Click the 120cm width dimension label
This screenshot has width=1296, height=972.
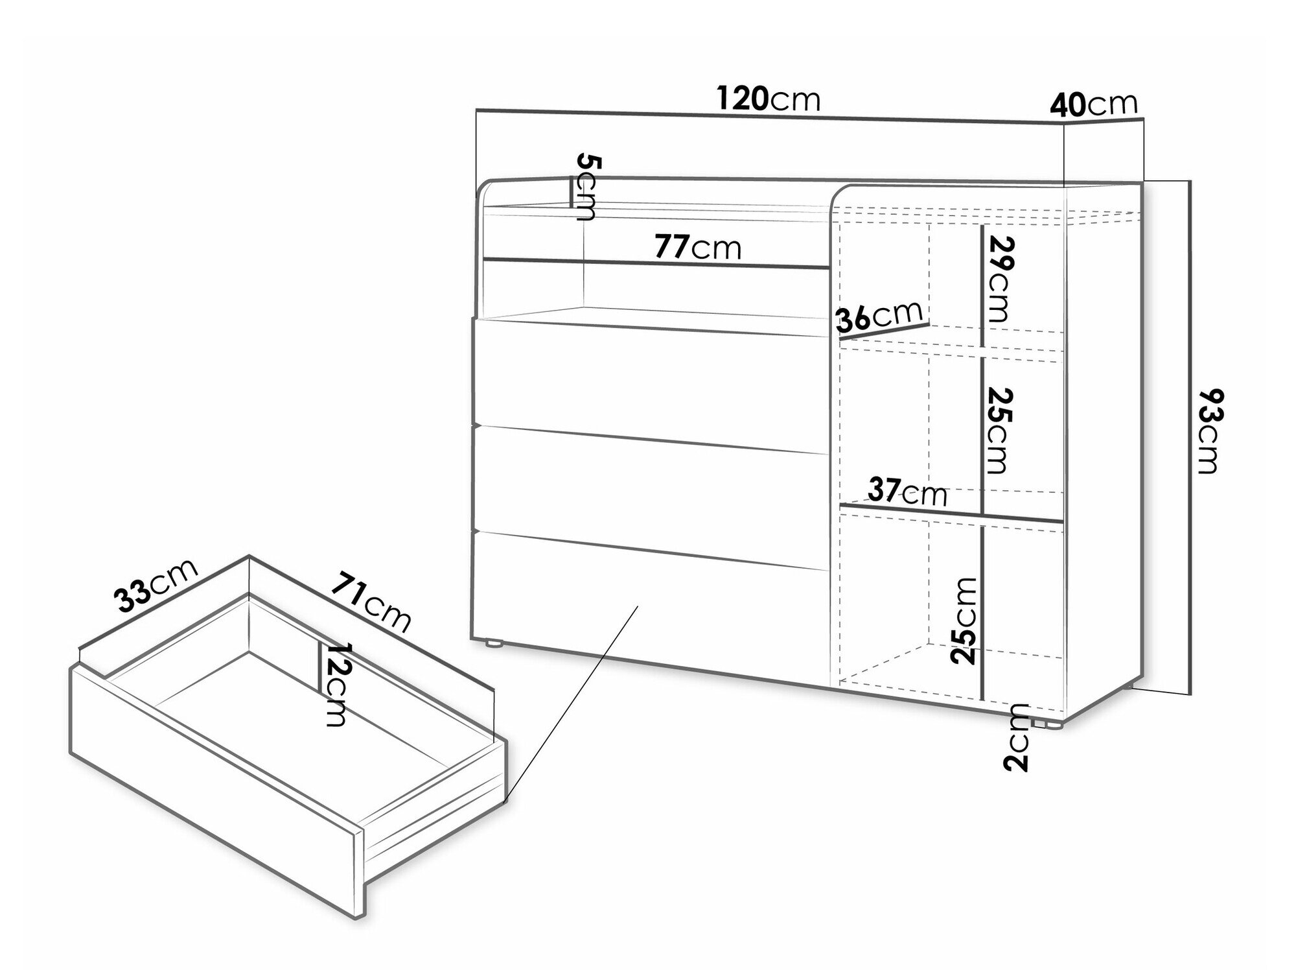tap(769, 99)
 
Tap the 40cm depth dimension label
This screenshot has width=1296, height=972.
tap(1094, 104)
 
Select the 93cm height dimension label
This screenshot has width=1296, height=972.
tap(1209, 431)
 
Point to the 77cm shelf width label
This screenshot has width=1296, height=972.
tap(697, 247)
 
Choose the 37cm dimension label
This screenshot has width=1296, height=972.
tap(907, 492)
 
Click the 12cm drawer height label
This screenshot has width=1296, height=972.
tap(336, 685)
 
